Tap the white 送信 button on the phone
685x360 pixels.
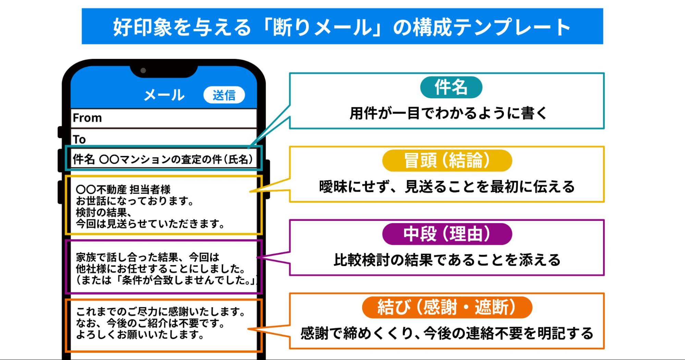(224, 95)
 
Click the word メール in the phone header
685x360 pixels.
(164, 95)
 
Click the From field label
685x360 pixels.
(87, 118)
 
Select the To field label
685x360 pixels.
(79, 140)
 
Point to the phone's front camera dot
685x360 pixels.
(143, 71)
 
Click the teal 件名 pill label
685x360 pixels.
(451, 87)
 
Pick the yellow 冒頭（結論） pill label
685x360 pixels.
(447, 160)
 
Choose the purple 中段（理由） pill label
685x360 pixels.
(447, 234)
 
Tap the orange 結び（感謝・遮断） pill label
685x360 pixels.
(447, 307)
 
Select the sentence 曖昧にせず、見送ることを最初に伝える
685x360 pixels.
(447, 187)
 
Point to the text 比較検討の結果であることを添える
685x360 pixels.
(447, 260)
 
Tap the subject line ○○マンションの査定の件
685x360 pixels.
(175, 159)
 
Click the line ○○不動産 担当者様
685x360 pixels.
(123, 189)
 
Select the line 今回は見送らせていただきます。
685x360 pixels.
(150, 224)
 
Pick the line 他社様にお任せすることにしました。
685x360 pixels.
(160, 268)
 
